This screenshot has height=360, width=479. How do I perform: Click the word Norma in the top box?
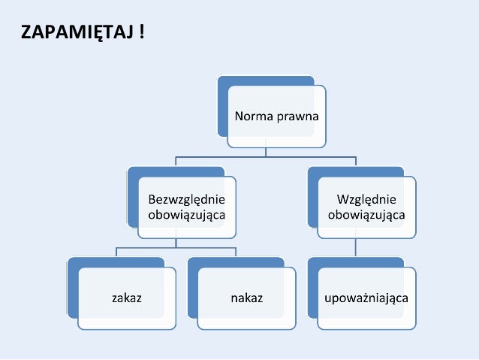(x=253, y=116)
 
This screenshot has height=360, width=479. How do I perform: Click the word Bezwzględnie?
(x=187, y=200)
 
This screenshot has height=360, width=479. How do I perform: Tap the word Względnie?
(x=367, y=200)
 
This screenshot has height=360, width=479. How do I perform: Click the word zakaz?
(x=127, y=298)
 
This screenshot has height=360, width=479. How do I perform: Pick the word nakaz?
(x=247, y=298)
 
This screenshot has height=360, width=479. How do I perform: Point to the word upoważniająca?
(x=366, y=298)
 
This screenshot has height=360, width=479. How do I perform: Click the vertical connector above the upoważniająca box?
(x=356, y=248)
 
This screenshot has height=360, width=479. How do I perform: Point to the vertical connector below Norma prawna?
(x=266, y=152)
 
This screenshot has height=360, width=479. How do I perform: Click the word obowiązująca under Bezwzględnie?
(x=187, y=215)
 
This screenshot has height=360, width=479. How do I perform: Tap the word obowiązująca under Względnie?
(x=367, y=215)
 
